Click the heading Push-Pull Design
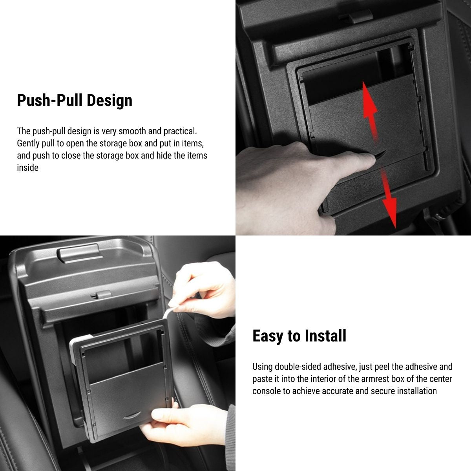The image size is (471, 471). coord(75,100)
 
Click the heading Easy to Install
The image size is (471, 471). coord(299,336)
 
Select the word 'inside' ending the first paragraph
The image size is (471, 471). coord(27,168)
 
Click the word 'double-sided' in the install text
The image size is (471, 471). coord(298,367)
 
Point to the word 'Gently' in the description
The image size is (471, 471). coord(28,143)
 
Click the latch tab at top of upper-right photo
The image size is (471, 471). coord(355,15)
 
